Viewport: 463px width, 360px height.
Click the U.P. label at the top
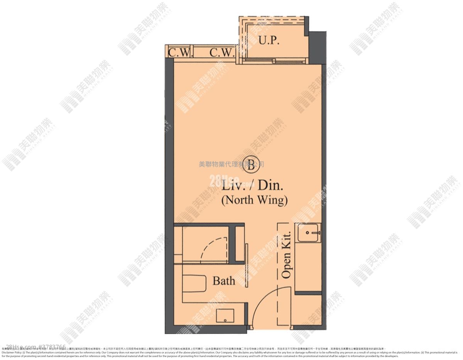tap(269, 40)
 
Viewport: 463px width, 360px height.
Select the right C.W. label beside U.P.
tap(222, 52)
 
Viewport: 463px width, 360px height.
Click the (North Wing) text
tap(254, 200)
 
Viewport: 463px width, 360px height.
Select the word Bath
tap(224, 281)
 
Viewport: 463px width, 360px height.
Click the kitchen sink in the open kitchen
tap(309, 232)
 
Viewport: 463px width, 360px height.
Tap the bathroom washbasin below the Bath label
tap(225, 316)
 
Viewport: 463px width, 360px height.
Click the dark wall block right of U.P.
tap(317, 46)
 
